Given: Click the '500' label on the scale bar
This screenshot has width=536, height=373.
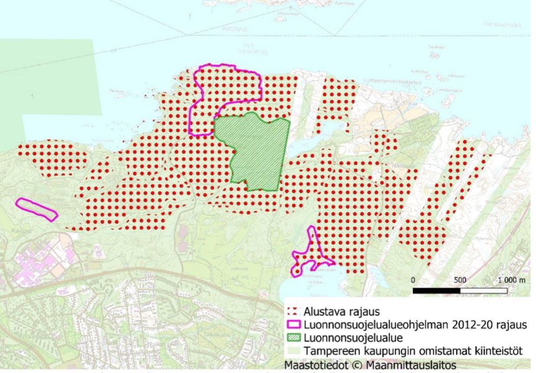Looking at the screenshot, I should coord(460,280).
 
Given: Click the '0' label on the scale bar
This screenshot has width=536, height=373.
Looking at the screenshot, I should coord(413,280).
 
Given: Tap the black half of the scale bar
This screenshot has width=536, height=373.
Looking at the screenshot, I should coord(436,291).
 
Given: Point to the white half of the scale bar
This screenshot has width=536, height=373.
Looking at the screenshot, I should coord(483,291).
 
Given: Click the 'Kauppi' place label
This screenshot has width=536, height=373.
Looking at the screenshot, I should coord(18,230).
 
